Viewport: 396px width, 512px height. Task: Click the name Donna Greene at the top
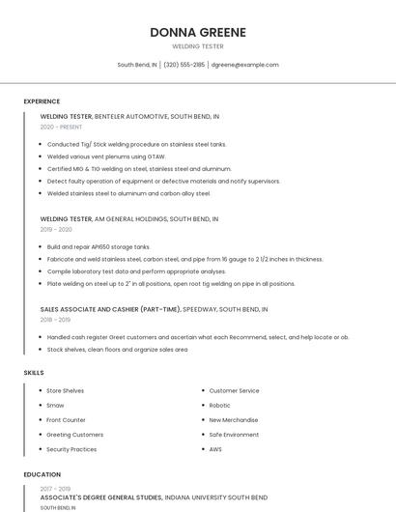pos(198,32)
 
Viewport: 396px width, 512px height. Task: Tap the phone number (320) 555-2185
pos(184,65)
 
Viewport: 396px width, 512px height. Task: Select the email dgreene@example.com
pos(244,65)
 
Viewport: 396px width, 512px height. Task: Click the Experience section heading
pos(42,101)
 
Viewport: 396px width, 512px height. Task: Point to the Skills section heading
pos(34,372)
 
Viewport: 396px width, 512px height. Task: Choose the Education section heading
pos(42,474)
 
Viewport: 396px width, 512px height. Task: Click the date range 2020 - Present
pos(61,127)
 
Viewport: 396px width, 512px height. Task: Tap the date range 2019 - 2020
pos(56,229)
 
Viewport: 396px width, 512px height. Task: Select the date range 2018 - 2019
pos(55,319)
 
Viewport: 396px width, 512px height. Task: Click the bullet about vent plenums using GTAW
pos(106,156)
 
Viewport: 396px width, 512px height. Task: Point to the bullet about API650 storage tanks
pos(99,247)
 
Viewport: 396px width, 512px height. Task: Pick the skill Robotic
pos(219,406)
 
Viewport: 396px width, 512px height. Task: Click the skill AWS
pos(215,449)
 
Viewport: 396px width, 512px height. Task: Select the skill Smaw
pos(55,406)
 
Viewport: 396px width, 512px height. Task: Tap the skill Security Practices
pos(71,449)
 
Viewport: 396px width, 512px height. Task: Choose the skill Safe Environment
pos(234,435)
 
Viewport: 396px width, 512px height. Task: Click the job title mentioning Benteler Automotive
pos(129,117)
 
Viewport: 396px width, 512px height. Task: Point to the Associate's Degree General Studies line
pos(154,498)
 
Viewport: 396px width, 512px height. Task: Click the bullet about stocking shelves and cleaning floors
pos(117,349)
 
